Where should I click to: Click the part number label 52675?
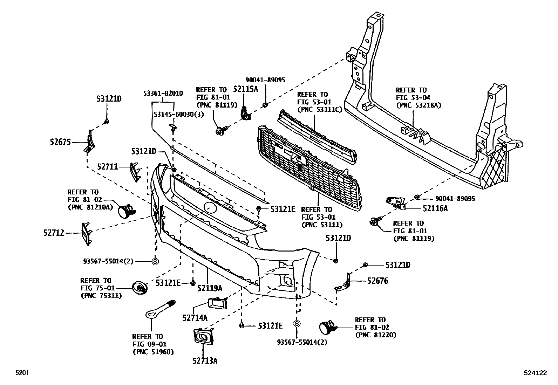click(x=60, y=142)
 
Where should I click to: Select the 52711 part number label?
click(x=108, y=167)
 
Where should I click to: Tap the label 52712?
click(x=54, y=233)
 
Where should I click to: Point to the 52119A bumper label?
click(x=210, y=288)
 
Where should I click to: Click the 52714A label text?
click(x=195, y=318)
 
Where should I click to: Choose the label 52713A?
click(x=205, y=360)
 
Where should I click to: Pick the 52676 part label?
click(x=377, y=281)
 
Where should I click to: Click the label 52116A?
click(x=435, y=208)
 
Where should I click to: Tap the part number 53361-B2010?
click(x=163, y=93)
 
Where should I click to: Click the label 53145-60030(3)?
click(x=179, y=115)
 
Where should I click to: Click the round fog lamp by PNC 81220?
click(x=327, y=327)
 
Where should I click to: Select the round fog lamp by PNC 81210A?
click(x=125, y=211)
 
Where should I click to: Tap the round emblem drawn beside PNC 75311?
click(x=140, y=288)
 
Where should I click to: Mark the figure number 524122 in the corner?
click(x=536, y=373)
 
